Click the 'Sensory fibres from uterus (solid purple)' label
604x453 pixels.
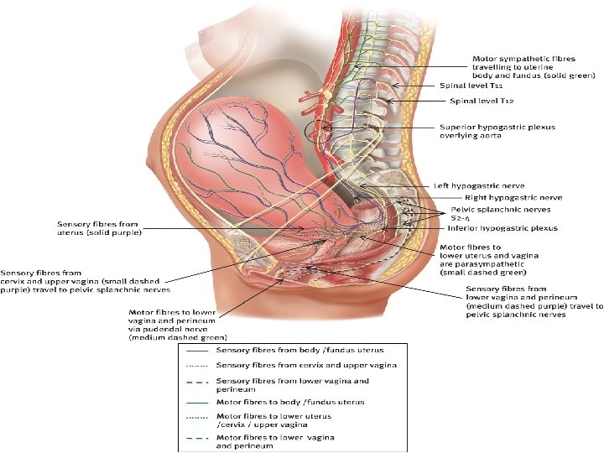point(98,228)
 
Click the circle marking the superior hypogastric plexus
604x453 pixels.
point(319,131)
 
